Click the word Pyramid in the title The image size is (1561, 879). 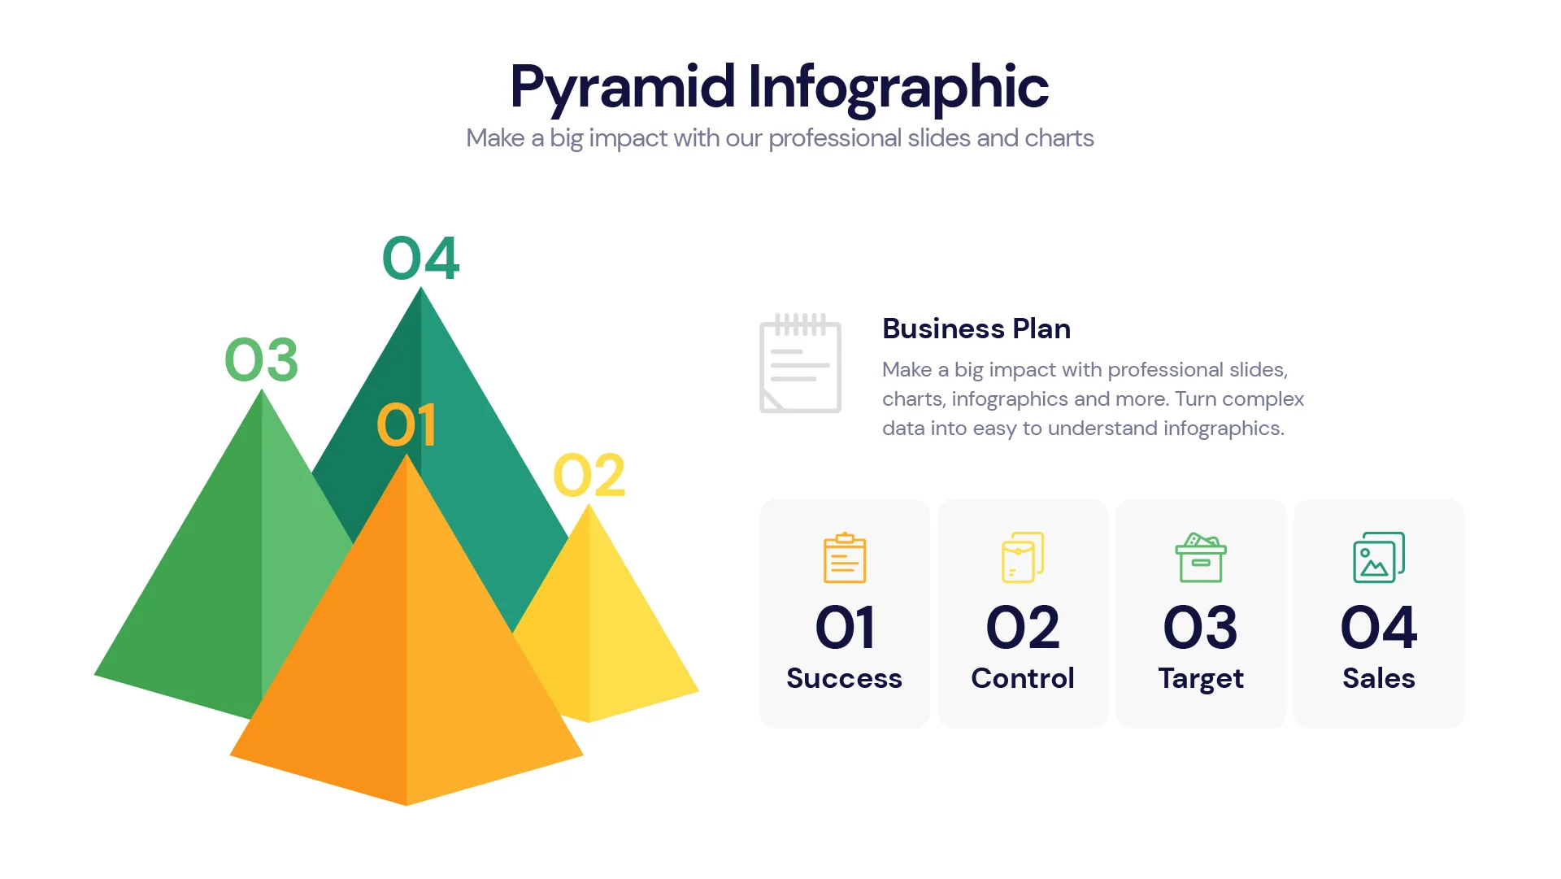click(x=622, y=88)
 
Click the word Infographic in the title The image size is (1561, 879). click(x=898, y=88)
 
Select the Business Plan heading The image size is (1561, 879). click(x=976, y=329)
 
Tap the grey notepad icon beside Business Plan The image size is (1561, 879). click(x=800, y=363)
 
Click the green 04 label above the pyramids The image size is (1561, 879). click(x=420, y=259)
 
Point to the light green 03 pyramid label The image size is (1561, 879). click(x=261, y=360)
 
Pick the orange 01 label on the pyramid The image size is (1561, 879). click(x=407, y=425)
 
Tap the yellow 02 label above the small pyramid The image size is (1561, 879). click(x=589, y=476)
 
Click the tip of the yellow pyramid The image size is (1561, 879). click(x=589, y=507)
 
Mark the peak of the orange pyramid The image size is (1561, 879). click(x=407, y=458)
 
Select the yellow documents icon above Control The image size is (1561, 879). click(x=1023, y=558)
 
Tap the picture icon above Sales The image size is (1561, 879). click(x=1379, y=558)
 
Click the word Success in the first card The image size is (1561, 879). click(x=844, y=678)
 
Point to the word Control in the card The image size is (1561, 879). click(x=1023, y=678)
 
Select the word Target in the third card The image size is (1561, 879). click(x=1201, y=678)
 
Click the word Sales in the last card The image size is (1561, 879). click(x=1379, y=678)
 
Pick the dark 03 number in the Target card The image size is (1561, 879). click(x=1201, y=628)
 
